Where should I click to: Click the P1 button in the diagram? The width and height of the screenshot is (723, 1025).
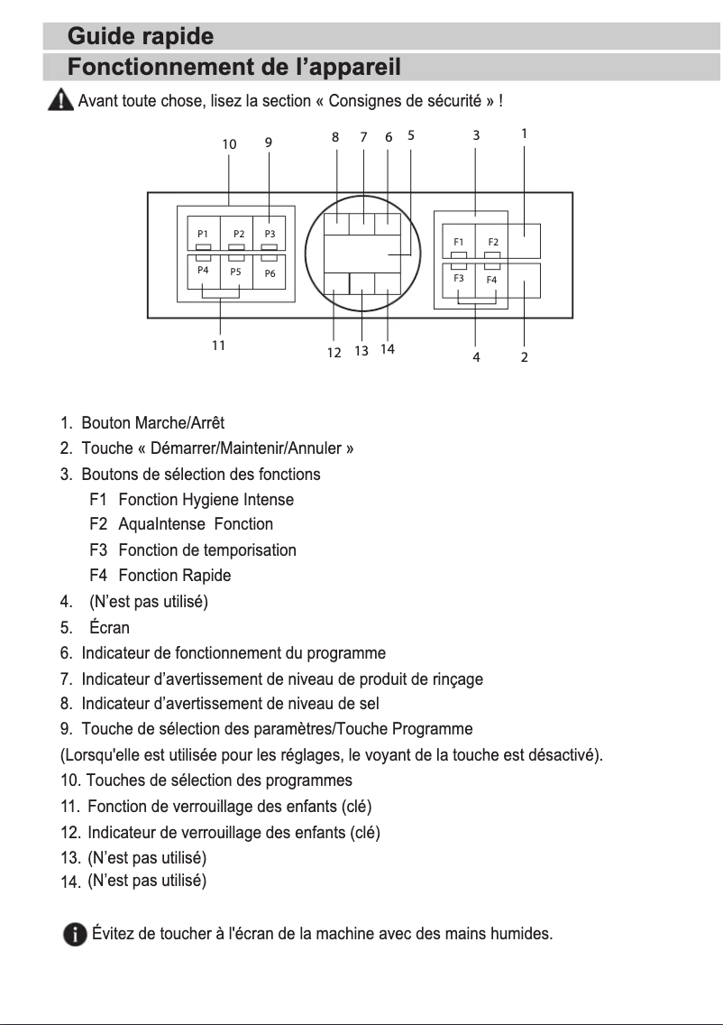(203, 234)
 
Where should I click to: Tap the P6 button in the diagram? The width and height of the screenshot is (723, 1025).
(270, 273)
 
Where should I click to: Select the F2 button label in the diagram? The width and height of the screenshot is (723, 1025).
(493, 242)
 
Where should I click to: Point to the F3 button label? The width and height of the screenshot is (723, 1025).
(459, 278)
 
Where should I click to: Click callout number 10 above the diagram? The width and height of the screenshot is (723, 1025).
(229, 144)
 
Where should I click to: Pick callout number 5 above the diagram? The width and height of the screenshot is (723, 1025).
(411, 135)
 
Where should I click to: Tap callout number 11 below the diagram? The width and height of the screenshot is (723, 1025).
(218, 345)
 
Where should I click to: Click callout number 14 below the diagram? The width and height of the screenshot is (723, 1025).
(388, 349)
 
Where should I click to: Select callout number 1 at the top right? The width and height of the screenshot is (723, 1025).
(524, 133)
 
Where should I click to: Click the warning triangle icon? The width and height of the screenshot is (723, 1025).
(61, 99)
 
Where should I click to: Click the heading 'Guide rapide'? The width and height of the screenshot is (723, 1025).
(141, 37)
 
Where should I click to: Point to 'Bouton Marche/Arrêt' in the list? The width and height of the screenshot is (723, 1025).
(152, 422)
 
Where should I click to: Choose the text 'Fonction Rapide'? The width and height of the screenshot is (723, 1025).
(174, 575)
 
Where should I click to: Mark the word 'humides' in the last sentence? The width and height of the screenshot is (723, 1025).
(518, 933)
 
